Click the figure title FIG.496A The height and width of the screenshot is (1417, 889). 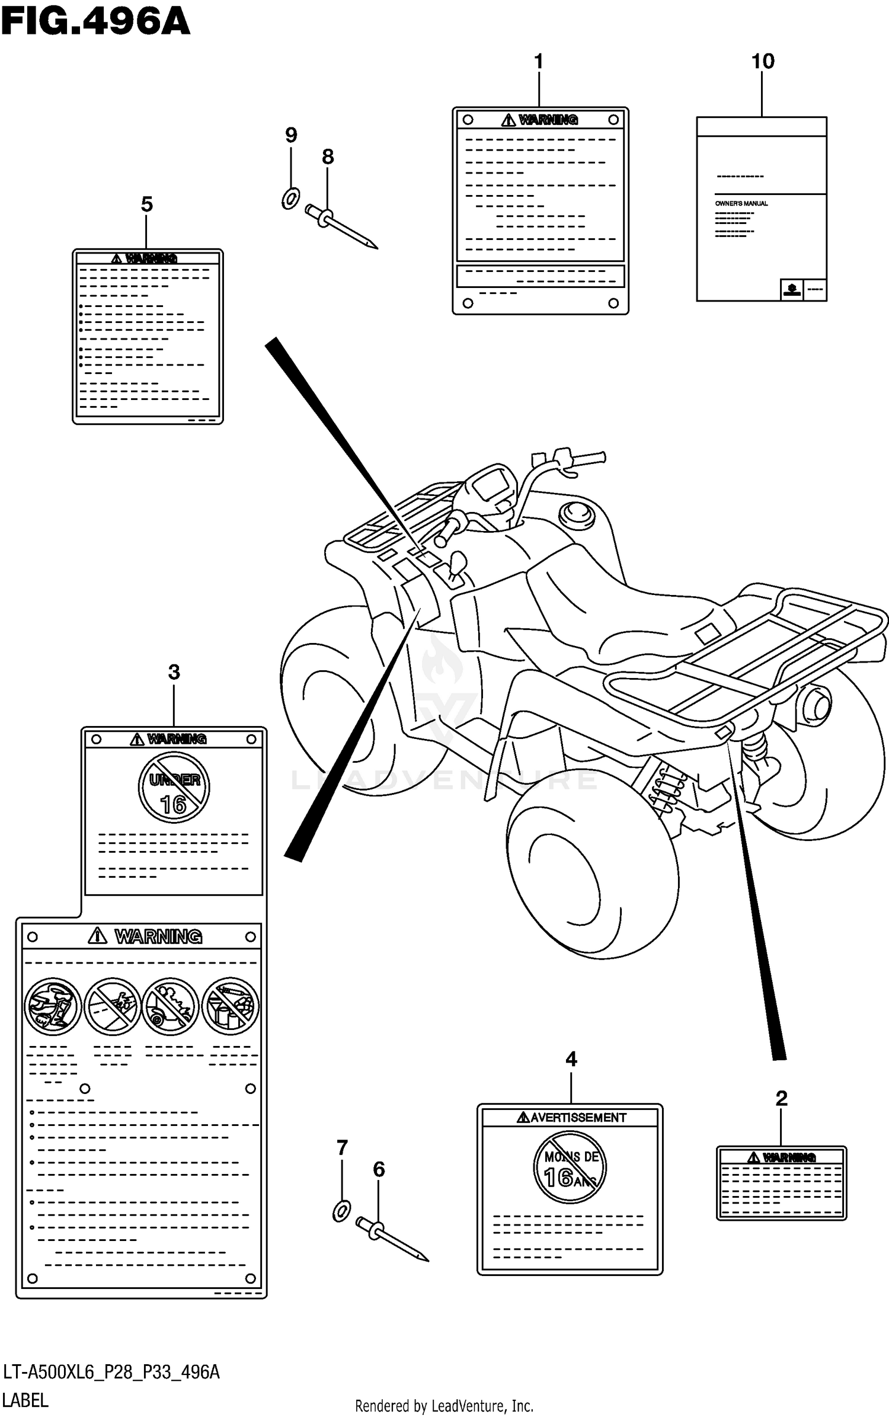tap(95, 23)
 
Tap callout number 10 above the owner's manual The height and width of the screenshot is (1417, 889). tap(762, 62)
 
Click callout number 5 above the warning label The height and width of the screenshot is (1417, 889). tap(146, 205)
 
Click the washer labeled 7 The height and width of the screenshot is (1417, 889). tap(341, 1211)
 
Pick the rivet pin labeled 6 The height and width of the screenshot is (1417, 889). tap(391, 1240)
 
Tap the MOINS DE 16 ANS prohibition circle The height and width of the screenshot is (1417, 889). tap(570, 1167)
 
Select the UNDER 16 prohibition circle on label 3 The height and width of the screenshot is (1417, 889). tap(174, 788)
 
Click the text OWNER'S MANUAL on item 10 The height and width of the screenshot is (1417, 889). tap(741, 203)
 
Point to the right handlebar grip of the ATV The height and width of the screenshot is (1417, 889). tap(587, 458)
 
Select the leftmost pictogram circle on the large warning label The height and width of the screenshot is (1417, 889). tap(52, 1006)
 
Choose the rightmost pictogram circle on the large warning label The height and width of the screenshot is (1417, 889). tap(231, 1006)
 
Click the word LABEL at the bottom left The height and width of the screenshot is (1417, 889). tap(25, 1400)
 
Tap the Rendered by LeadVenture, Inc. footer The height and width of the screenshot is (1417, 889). tap(444, 1405)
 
